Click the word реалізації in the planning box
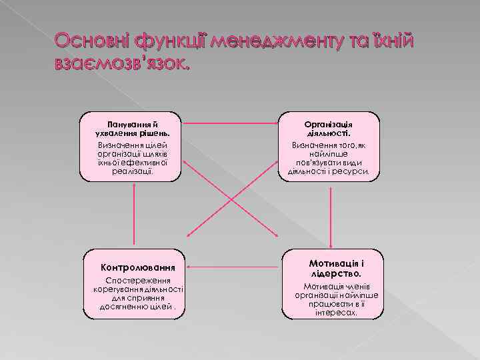(133, 171)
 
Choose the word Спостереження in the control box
(133, 281)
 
